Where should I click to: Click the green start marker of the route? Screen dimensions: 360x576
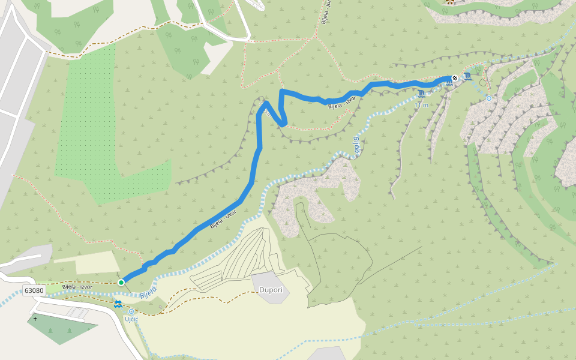point(121,282)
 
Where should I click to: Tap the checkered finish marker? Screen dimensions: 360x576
point(455,78)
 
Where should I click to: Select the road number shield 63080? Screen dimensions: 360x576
point(34,290)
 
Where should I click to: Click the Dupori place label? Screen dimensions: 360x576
point(270,290)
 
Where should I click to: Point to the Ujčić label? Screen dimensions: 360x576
point(131,319)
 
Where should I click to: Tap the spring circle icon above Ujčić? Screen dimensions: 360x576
point(131,311)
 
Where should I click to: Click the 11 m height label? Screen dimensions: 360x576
point(422,105)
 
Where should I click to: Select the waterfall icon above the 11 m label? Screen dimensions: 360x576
point(422,94)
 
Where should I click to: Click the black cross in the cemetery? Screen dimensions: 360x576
point(35,319)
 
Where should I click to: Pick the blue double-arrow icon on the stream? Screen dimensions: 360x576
point(118,304)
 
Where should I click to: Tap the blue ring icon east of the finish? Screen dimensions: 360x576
point(489,98)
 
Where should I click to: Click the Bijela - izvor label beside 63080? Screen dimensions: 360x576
point(77,286)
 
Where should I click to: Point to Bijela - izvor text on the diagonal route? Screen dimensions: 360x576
point(223,220)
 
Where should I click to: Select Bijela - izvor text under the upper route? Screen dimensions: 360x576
point(342,101)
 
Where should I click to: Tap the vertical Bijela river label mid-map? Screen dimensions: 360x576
point(356,146)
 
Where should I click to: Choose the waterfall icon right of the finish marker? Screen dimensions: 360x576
point(467,76)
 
